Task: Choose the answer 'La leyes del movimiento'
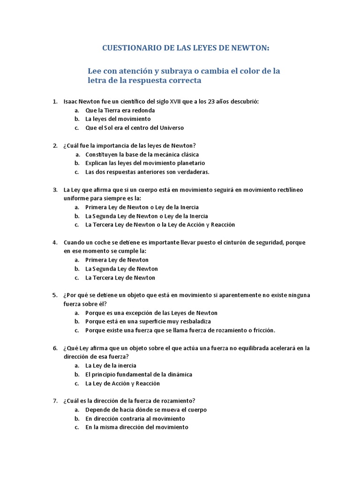(118, 119)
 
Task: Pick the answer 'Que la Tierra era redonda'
(120, 111)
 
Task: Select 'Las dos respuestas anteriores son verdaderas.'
(147, 172)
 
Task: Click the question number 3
(55, 190)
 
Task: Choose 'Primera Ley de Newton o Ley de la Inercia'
(142, 207)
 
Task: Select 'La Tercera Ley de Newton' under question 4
(120, 277)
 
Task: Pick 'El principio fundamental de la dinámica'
(139, 375)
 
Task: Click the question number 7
(55, 401)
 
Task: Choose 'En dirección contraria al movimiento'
(135, 419)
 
